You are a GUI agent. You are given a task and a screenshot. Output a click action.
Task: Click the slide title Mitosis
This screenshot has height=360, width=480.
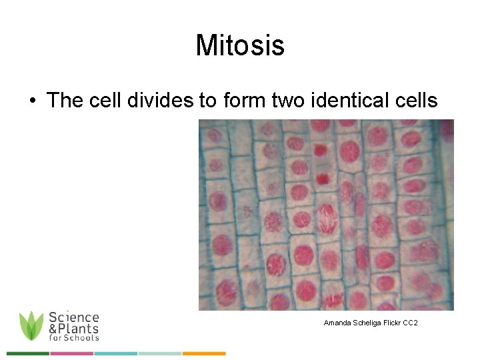coord(240,46)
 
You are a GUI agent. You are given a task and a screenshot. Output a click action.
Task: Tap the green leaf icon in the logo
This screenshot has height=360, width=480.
coord(31,326)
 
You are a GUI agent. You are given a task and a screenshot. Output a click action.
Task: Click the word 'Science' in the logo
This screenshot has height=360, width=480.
coord(74,317)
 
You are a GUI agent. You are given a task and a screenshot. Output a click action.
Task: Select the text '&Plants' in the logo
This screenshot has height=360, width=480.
coord(73,328)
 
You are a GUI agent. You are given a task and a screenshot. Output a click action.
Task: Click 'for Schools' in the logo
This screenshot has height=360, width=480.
coord(73,337)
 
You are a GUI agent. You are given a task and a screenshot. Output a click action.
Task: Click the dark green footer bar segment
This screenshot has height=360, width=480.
coord(27,353)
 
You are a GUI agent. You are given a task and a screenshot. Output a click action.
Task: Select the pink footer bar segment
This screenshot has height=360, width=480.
coord(71,353)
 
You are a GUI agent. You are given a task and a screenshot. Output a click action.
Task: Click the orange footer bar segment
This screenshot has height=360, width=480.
coord(204,353)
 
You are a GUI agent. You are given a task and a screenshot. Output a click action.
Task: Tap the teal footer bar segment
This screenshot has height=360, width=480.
coord(115,353)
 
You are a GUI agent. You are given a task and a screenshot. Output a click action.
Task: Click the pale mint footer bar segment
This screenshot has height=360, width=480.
coord(160,353)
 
